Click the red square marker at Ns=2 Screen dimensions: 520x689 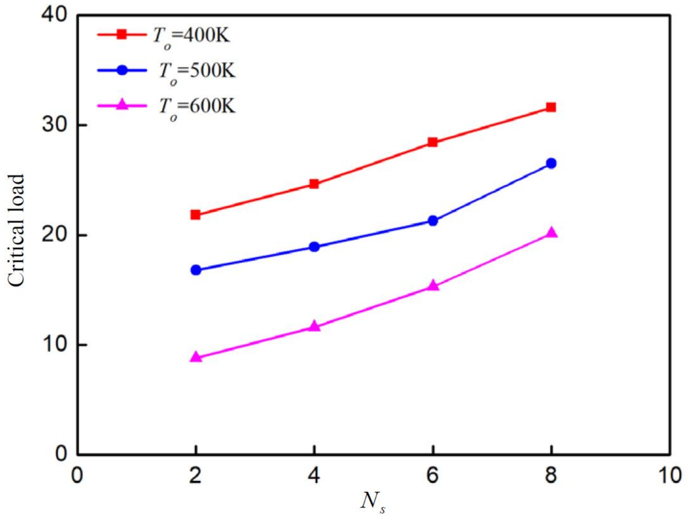[195, 215]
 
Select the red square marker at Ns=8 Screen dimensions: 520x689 [551, 108]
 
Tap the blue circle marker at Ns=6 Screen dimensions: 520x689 [433, 221]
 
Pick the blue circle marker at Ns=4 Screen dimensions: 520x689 [314, 247]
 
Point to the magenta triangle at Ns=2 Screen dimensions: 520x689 [196, 357]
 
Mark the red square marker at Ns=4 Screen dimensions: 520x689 [314, 184]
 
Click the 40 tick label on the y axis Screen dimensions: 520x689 [55, 15]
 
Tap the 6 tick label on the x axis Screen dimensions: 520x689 [433, 476]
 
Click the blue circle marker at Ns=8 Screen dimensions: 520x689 [551, 163]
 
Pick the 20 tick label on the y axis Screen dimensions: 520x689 [55, 236]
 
